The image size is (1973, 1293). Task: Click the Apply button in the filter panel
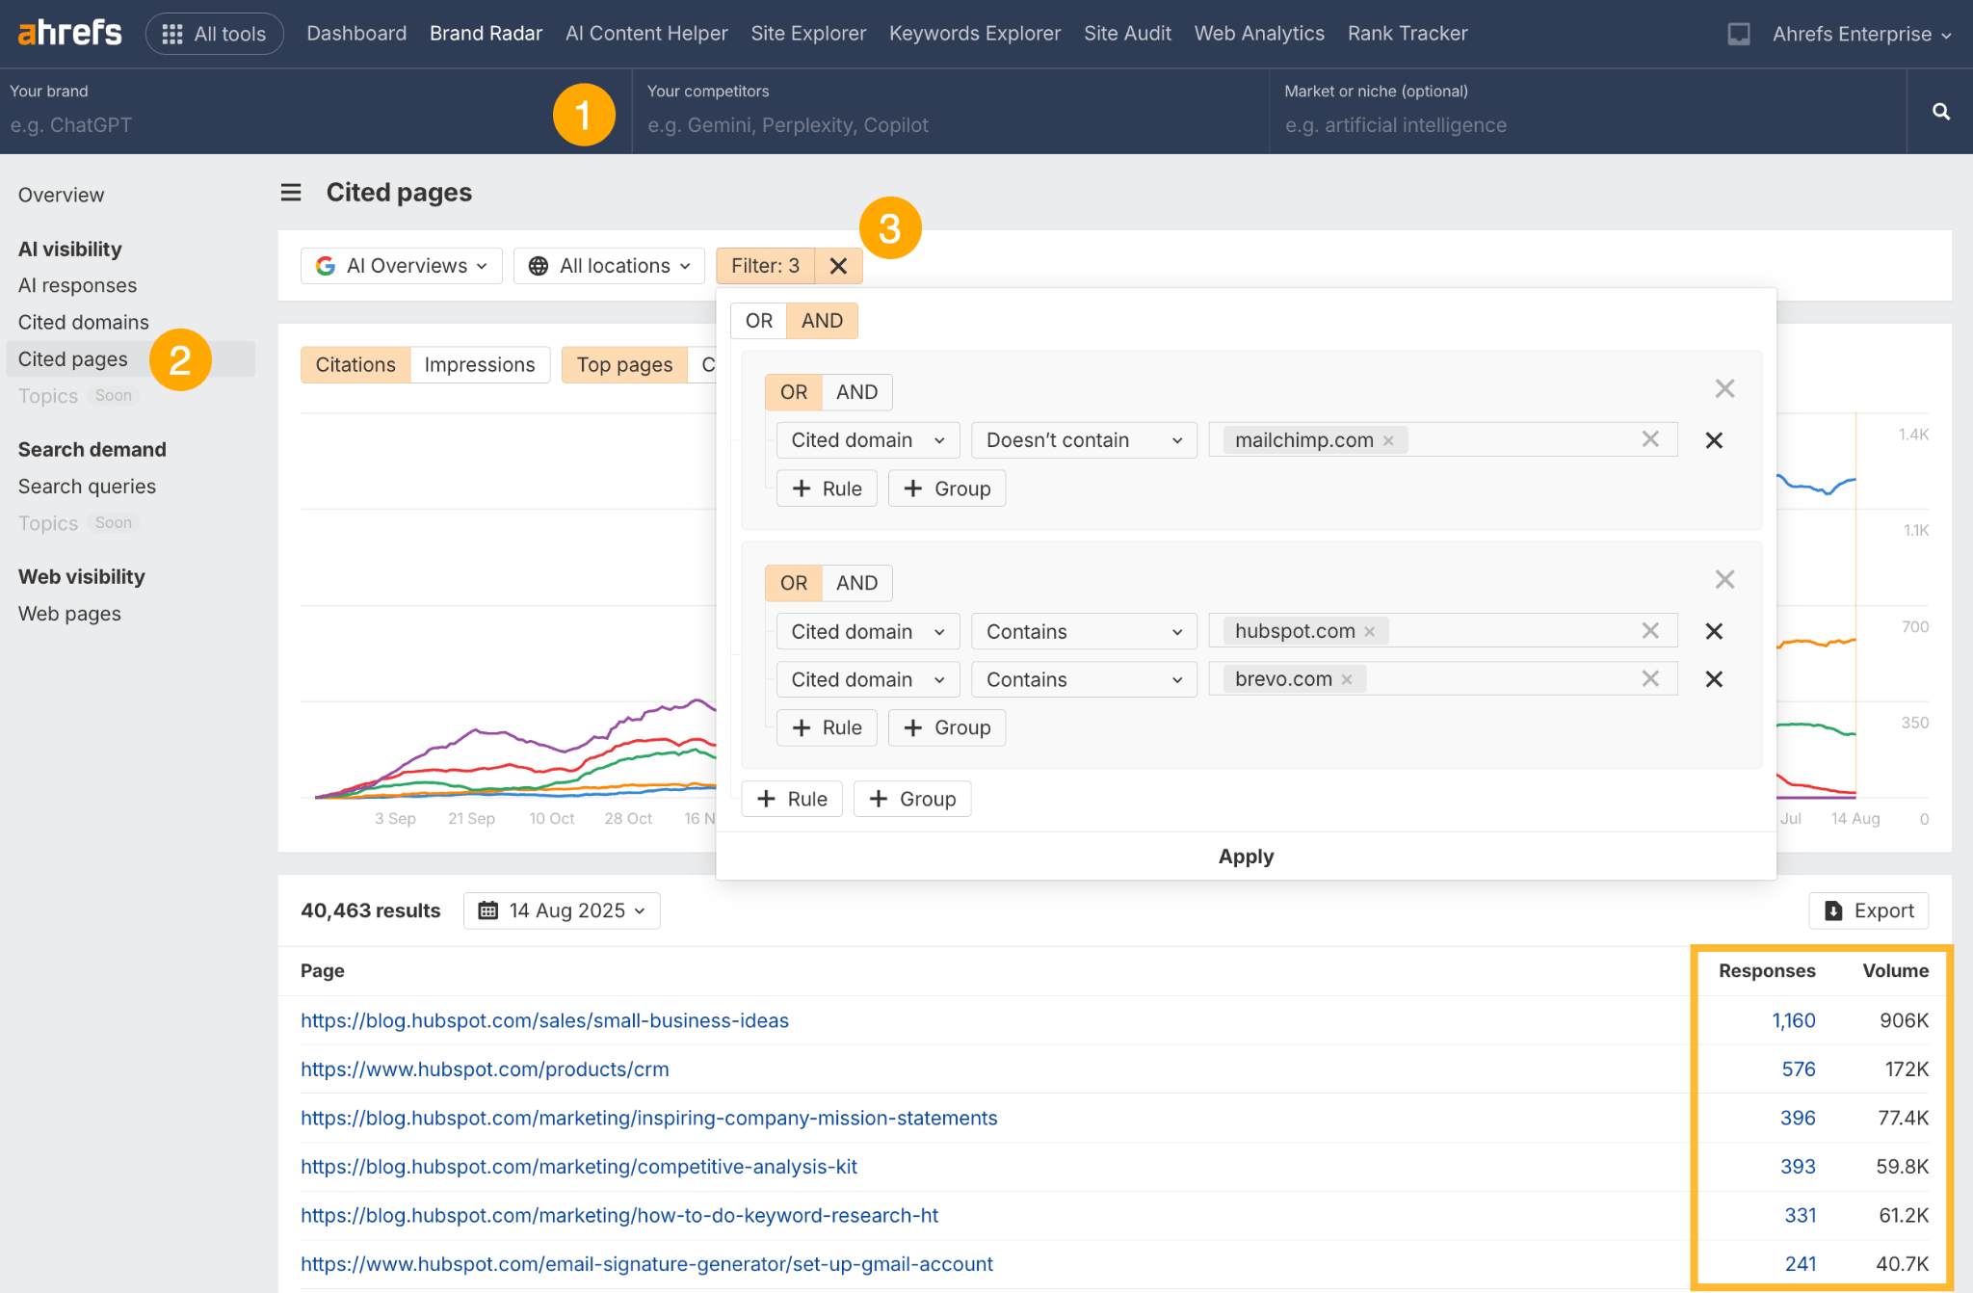point(1246,857)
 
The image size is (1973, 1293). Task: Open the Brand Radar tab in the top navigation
point(486,34)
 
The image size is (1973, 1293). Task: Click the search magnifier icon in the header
point(1940,112)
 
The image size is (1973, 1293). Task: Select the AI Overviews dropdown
point(402,266)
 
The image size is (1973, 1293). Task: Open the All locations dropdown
point(610,266)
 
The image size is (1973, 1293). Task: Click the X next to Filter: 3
point(838,266)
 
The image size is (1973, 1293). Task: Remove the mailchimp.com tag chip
point(1388,441)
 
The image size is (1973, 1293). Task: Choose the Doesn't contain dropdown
point(1084,440)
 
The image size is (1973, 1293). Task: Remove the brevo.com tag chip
point(1347,680)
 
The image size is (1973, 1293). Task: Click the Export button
point(1869,910)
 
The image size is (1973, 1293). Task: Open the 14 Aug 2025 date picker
point(562,910)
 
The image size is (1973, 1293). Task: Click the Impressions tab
point(479,365)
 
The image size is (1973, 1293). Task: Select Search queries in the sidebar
point(87,487)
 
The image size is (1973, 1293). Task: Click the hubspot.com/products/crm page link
point(485,1069)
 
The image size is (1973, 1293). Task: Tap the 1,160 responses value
point(1793,1021)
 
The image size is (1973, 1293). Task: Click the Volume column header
point(1895,971)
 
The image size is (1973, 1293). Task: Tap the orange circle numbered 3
point(890,228)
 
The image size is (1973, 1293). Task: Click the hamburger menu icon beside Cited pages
point(291,193)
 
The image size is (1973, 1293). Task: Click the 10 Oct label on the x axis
point(551,819)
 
